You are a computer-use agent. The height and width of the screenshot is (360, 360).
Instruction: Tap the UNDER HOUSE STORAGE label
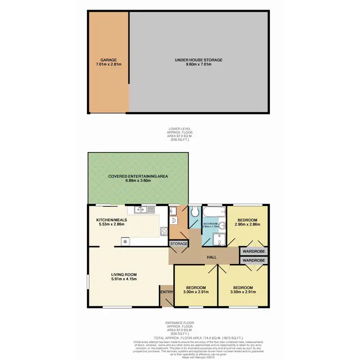coord(198,60)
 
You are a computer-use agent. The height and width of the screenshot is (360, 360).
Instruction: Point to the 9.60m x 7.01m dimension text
coord(198,65)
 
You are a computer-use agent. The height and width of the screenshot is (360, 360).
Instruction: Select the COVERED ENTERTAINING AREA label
coord(138,177)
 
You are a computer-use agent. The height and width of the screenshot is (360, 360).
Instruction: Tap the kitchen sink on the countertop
coord(144,209)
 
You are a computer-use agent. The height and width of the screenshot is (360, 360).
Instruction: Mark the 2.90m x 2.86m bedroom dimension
coord(247,224)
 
